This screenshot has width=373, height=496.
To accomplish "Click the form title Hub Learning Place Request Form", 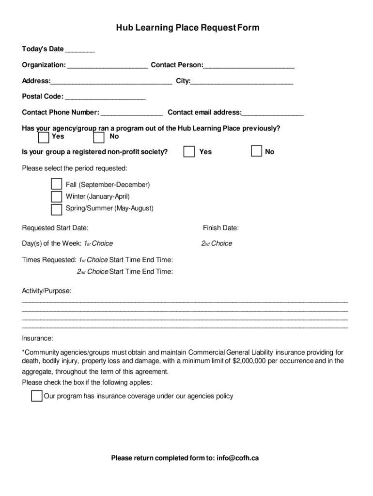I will click(187, 28).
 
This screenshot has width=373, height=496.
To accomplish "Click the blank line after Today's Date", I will click(80, 50).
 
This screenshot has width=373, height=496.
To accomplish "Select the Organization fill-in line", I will click(108, 66).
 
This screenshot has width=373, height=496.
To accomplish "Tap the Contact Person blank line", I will click(249, 66).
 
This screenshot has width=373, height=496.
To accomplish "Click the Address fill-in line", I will click(111, 82).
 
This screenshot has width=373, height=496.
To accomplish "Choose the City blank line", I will click(242, 82).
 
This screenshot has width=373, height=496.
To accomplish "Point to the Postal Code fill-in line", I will click(105, 97).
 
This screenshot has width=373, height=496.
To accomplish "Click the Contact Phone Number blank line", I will click(132, 114).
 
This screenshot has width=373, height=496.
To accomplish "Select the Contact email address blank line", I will click(273, 114).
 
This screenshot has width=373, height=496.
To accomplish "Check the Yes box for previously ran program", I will click(44, 138).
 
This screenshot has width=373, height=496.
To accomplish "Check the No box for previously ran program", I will click(99, 138).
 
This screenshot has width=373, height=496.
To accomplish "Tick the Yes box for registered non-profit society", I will click(189, 152).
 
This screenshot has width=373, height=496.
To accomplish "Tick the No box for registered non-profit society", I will click(256, 152).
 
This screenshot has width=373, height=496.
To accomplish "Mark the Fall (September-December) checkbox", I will click(57, 185).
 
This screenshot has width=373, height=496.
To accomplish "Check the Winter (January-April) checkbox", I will click(57, 197).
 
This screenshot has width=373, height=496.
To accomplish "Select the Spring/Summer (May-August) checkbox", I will click(57, 209).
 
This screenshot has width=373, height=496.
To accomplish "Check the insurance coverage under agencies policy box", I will click(36, 396).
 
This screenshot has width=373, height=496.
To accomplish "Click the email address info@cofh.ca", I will click(237, 458).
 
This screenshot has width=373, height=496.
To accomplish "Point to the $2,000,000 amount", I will click(249, 361).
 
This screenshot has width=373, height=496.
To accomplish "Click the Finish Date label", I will click(220, 228).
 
